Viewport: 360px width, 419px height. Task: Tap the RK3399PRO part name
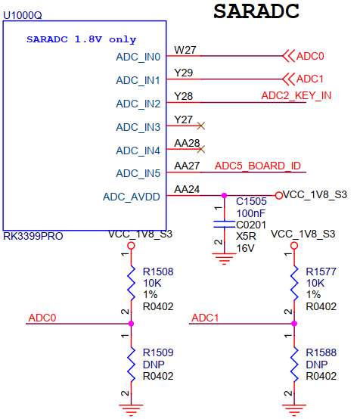(33, 236)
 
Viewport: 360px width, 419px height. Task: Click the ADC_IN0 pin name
(138, 57)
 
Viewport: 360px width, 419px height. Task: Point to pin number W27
(185, 50)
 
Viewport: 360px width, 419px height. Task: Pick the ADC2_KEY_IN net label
(296, 95)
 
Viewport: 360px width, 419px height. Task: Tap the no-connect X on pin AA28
(200, 149)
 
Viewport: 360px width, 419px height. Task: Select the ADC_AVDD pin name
(132, 197)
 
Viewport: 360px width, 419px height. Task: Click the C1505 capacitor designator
(251, 202)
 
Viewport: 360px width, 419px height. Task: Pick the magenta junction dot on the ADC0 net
(132, 324)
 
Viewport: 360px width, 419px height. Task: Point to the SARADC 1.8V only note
(81, 38)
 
